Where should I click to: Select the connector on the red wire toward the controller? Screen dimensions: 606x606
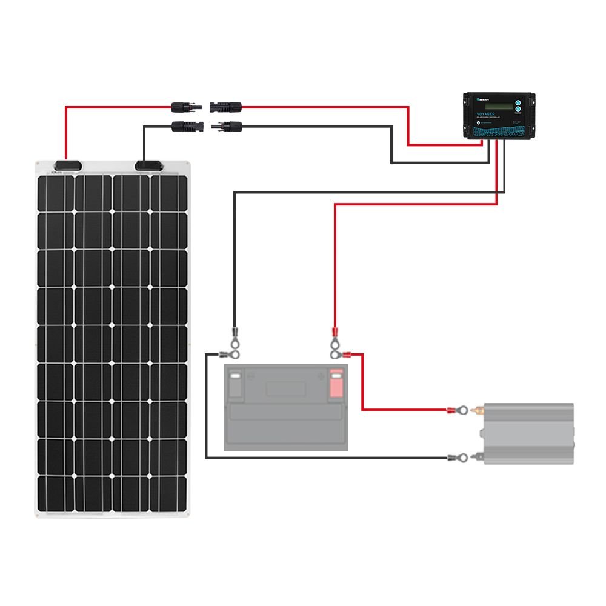pyautogui.click(x=225, y=107)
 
